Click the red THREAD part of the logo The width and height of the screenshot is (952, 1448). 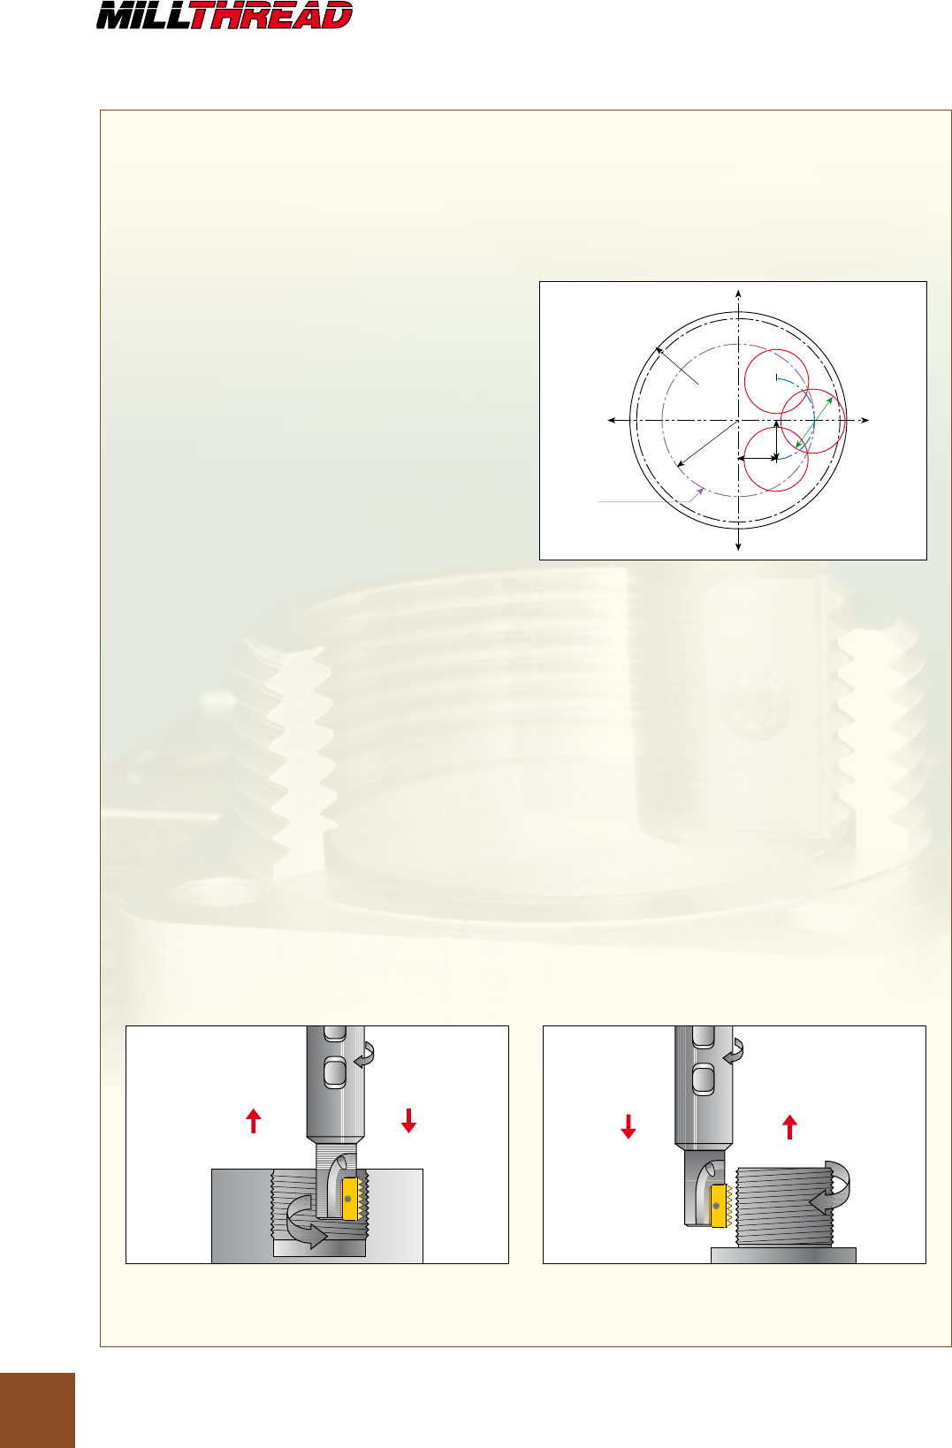[271, 15]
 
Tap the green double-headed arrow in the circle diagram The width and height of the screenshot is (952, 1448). [814, 423]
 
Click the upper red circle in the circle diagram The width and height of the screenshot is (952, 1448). [744, 381]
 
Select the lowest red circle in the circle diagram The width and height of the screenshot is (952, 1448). [744, 459]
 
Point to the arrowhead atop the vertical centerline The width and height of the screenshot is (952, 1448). [738, 294]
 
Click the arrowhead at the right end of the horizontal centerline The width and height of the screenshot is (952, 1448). [864, 420]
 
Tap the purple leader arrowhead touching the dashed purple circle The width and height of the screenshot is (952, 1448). [700, 492]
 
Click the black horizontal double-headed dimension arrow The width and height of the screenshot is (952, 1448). [758, 458]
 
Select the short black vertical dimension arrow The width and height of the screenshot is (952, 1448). [776, 439]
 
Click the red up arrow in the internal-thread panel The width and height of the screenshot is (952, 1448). [254, 1120]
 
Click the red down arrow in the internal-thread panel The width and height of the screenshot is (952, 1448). [408, 1120]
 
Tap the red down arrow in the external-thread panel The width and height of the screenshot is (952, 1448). [628, 1126]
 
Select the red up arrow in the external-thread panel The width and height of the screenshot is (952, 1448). [789, 1126]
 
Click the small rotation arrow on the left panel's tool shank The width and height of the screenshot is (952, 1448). [367, 1055]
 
